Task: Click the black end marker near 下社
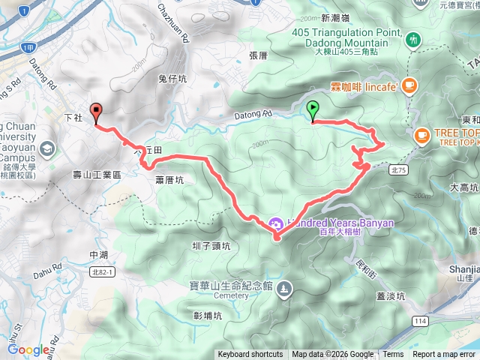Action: coord(96,112)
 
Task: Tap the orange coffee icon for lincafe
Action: coord(408,85)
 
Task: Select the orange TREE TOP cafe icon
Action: coord(421,135)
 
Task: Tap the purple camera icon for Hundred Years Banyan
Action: coord(274,223)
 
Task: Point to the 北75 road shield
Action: coord(398,170)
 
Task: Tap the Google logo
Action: coord(28,349)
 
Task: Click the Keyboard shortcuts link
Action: coord(250,355)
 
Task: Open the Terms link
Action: coord(393,355)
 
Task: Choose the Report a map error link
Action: coord(445,355)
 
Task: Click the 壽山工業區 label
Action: coord(97,175)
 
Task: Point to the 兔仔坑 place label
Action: coord(172,77)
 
